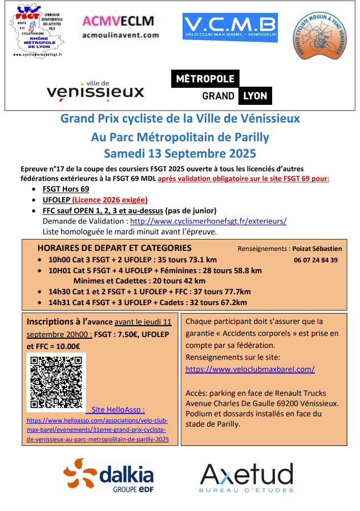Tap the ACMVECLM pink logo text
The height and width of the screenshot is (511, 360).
118,21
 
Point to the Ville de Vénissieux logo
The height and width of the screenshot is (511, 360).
95,90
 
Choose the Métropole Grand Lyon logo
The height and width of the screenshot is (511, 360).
222,87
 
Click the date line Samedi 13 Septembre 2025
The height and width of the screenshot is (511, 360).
180,153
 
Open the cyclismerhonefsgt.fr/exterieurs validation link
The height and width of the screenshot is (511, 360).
208,221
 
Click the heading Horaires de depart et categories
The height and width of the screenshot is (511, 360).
114,248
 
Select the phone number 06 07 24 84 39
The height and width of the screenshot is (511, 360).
315,259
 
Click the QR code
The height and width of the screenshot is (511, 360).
55,382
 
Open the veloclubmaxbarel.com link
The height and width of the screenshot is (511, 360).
250,369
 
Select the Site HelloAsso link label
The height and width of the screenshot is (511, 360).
118,409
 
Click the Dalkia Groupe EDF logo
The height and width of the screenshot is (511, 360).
109,477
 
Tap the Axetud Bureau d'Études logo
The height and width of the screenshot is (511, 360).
246,478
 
